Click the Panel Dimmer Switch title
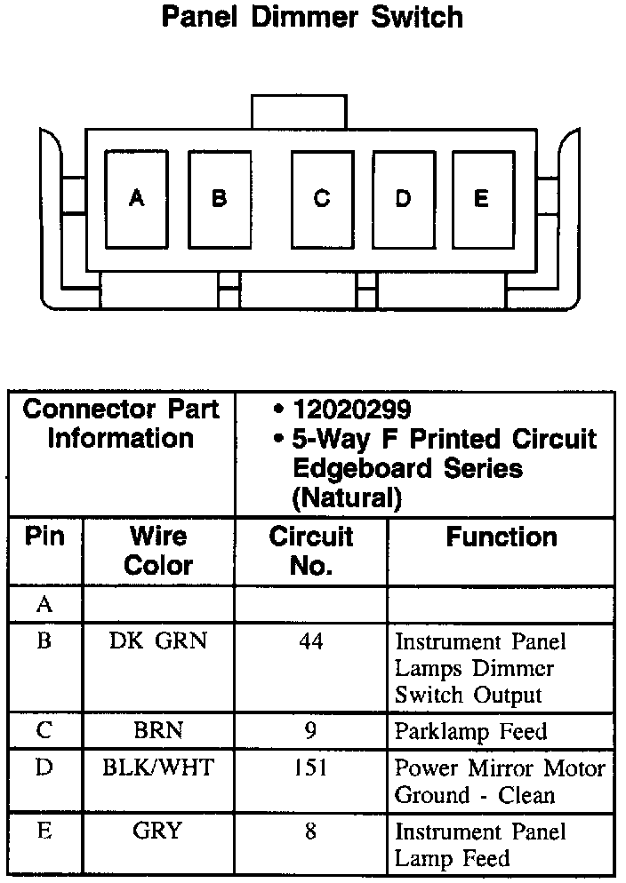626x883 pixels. [312, 17]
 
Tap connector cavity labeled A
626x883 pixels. [136, 199]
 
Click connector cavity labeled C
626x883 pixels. [322, 199]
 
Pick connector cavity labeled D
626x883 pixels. [403, 199]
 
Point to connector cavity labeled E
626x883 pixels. [481, 199]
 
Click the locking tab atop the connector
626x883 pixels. [298, 111]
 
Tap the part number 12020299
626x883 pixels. [352, 410]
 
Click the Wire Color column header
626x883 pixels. [158, 551]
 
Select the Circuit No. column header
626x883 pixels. [310, 551]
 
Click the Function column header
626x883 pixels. [502, 537]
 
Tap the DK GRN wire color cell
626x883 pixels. [158, 640]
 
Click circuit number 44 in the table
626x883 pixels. [310, 640]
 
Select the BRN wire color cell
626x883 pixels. [158, 731]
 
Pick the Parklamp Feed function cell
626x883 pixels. [470, 732]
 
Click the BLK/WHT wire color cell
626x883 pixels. [158, 768]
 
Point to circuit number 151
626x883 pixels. [310, 768]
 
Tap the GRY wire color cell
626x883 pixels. [158, 831]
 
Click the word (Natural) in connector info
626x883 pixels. [347, 497]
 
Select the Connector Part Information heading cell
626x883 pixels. [121, 425]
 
